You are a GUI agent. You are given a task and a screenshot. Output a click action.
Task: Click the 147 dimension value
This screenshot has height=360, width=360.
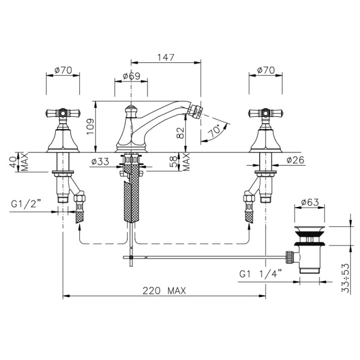coord(166,57)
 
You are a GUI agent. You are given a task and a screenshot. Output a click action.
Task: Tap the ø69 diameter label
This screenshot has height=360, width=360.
coord(131,76)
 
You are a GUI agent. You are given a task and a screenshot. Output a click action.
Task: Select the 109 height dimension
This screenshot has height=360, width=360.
coord(90,127)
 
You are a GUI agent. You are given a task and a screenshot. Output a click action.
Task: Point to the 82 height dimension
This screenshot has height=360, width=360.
coord(181,133)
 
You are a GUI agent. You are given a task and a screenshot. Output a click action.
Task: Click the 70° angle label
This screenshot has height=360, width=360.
coord(214,131)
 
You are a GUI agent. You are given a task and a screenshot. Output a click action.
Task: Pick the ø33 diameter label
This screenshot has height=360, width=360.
coord(100,161)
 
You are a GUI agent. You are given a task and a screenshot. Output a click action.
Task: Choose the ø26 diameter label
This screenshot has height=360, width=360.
coord(295,160)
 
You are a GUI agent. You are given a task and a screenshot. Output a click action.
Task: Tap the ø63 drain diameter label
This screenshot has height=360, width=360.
coord(310,202)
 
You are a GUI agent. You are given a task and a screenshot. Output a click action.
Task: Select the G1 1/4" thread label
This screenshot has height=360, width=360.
coord(260,274)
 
